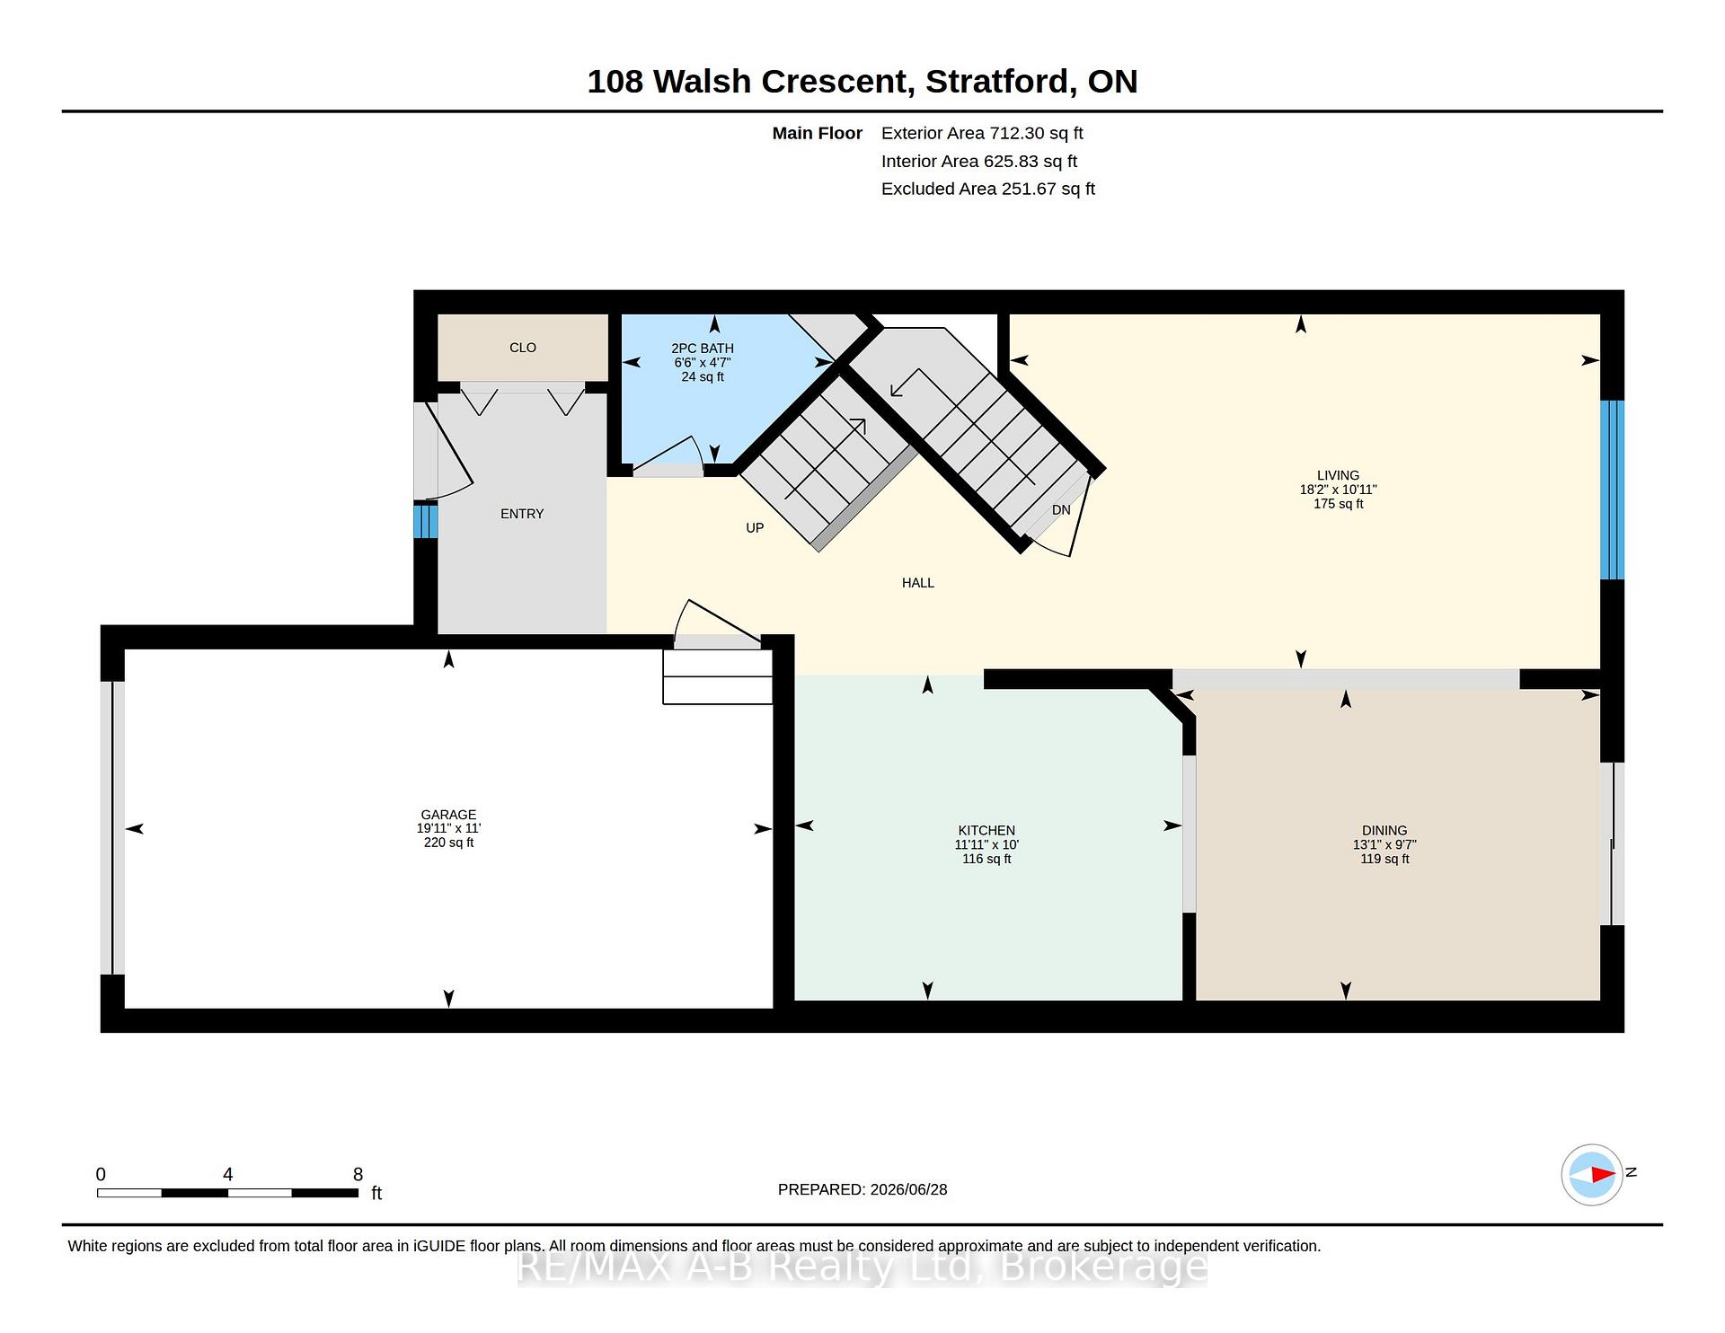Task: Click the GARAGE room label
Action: pos(448,815)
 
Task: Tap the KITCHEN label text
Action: pos(986,831)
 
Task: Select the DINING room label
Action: pos(1384,831)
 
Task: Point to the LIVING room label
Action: pos(1338,475)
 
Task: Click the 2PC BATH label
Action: pos(703,349)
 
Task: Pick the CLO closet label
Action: pos(523,348)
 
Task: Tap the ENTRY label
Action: pos(522,514)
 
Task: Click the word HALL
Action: pos(918,583)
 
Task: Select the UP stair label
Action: pos(755,528)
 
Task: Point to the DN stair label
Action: pos(1061,510)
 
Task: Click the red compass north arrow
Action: pos(1603,1174)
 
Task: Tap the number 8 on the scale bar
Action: pos(358,1174)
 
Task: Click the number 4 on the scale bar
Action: pos(228,1174)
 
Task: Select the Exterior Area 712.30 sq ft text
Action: pos(982,133)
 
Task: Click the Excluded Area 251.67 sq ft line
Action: pos(988,189)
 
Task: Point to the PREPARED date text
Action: pos(862,1189)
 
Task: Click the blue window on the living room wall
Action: pos(1613,490)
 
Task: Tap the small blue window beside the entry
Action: pos(426,521)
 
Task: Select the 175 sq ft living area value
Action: pos(1338,504)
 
